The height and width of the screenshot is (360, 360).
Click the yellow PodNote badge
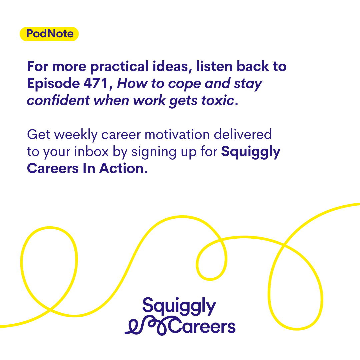(49, 34)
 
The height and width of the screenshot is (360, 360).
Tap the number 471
(96, 83)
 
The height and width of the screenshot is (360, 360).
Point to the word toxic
(217, 101)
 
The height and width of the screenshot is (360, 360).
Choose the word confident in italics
(58, 100)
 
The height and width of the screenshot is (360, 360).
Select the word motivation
(177, 135)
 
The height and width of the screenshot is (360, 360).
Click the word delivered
(243, 134)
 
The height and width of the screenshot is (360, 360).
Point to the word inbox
(91, 151)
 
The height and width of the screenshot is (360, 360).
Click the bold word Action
(124, 168)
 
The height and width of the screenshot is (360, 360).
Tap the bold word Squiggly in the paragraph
(251, 152)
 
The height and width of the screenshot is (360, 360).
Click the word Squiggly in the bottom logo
(179, 306)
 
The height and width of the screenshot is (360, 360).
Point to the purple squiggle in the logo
(147, 326)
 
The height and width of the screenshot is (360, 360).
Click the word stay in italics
(248, 84)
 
